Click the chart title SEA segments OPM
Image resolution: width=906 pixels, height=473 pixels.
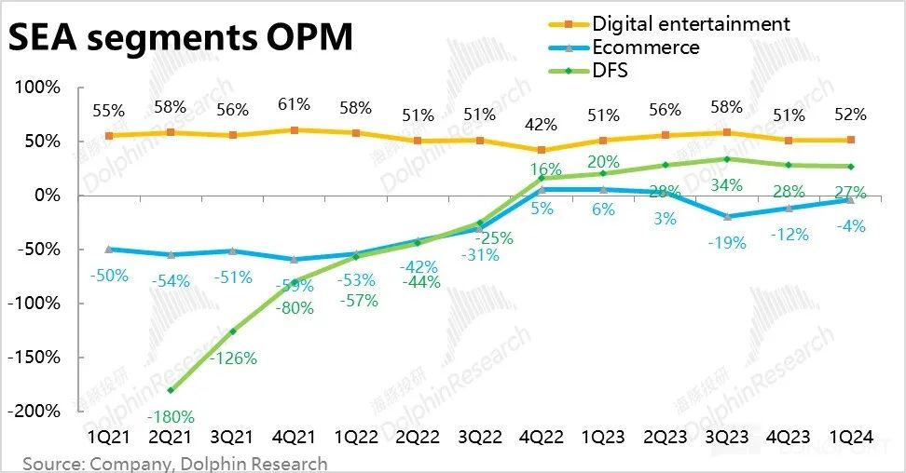(x=181, y=38)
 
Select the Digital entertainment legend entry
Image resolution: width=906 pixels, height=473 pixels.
(x=691, y=23)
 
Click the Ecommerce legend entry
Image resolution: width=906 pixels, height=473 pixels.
(x=645, y=47)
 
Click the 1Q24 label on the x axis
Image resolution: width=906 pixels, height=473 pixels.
(x=850, y=437)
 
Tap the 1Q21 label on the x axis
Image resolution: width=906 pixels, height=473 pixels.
(x=110, y=437)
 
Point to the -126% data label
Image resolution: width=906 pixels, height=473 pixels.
(x=233, y=358)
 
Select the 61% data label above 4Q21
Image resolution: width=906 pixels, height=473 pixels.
(x=294, y=104)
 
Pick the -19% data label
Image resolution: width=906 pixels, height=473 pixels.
(x=727, y=243)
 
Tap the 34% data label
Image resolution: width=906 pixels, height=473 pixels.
(x=726, y=185)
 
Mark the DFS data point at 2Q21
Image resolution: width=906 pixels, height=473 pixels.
(x=171, y=390)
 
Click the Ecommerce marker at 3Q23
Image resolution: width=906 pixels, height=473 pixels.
(x=726, y=216)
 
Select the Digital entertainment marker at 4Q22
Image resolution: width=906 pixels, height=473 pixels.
(x=542, y=150)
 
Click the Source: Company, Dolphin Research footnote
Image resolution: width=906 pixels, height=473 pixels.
(x=175, y=463)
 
